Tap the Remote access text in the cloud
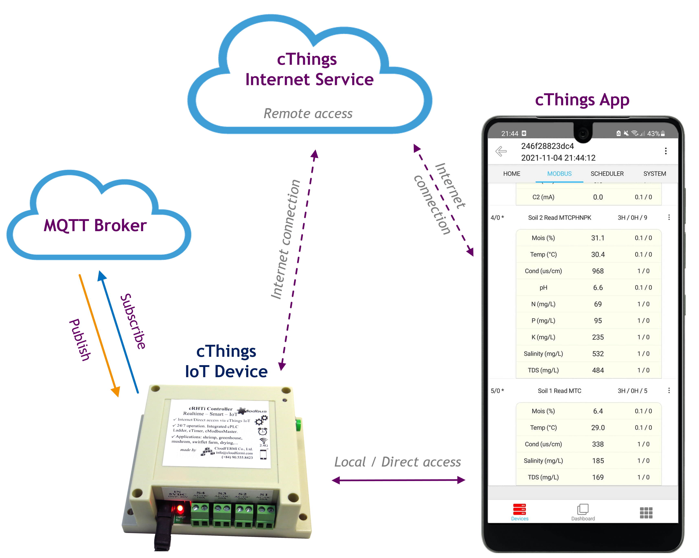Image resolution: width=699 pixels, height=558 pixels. coord(308,113)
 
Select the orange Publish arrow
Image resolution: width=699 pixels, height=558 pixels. coord(99,334)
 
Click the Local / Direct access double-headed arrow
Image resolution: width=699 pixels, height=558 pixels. coord(398,480)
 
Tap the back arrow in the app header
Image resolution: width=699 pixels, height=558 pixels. coord(501,151)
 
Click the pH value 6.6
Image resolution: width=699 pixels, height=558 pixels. coord(598,288)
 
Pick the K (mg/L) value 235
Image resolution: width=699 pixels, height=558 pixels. coord(598,337)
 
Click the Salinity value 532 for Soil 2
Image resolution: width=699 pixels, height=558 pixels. coord(598,354)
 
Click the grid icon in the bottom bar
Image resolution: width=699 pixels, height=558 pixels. coord(646,513)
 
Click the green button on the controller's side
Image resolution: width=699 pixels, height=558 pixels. coord(298,425)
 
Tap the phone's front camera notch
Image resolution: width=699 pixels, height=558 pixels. coord(583,133)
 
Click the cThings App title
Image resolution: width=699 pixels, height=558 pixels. coord(582,100)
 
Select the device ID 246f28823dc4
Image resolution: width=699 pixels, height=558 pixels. coord(547,146)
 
